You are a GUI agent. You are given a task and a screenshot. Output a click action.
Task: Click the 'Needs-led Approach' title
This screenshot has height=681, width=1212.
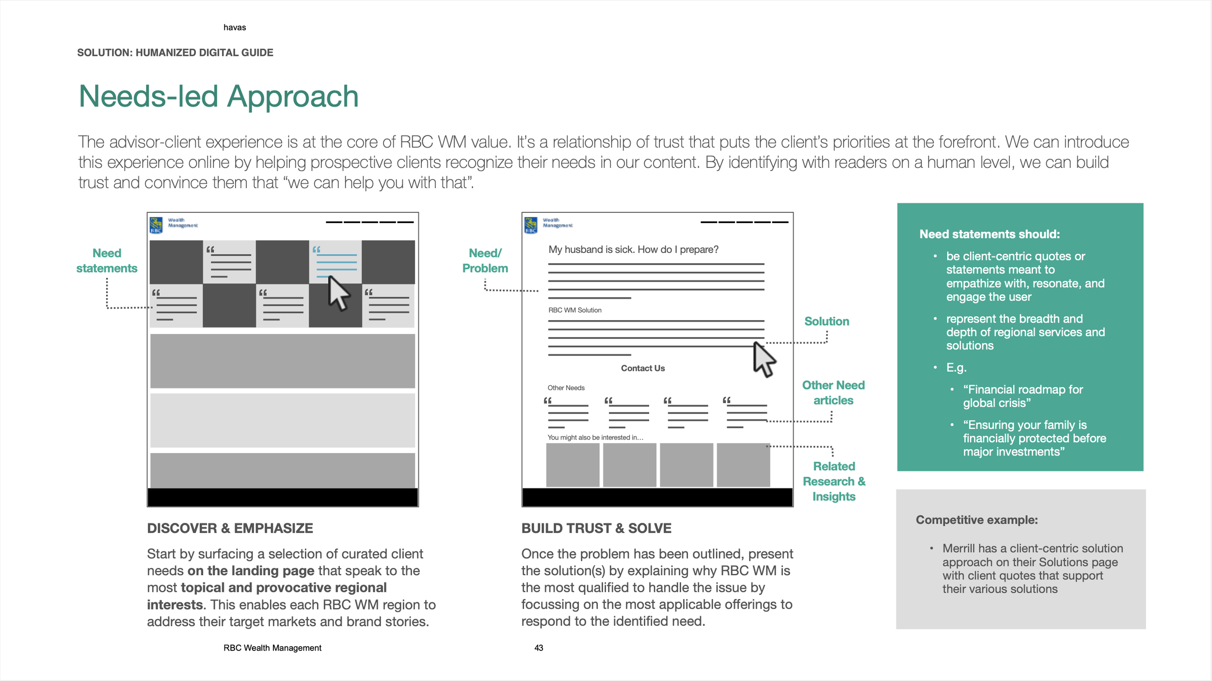[x=219, y=97]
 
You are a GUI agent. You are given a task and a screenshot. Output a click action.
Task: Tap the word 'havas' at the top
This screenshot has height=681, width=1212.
[x=235, y=28]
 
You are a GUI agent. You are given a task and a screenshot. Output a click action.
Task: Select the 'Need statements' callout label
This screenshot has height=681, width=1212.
[x=107, y=260]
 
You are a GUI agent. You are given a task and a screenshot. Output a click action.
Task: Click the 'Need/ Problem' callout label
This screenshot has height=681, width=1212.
[x=485, y=260]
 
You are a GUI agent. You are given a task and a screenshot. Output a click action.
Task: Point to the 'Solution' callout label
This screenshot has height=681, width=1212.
[x=827, y=321]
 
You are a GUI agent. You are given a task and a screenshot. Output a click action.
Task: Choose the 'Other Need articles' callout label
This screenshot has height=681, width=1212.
[x=833, y=392]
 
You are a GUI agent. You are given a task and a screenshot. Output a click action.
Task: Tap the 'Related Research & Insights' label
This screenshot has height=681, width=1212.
[x=834, y=481]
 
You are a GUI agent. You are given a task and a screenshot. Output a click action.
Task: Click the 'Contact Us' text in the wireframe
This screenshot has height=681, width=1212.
[x=643, y=368]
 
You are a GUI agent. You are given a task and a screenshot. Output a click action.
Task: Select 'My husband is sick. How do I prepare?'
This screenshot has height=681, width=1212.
[x=633, y=249]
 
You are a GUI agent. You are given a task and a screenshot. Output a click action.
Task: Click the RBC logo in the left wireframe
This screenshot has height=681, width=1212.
[x=156, y=225]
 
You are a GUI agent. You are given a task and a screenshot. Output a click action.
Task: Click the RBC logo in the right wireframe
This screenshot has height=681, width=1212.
[x=531, y=225]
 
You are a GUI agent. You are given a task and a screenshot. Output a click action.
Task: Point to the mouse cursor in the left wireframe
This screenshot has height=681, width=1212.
[x=338, y=292]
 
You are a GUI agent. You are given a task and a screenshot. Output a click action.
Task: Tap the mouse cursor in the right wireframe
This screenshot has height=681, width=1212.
[x=764, y=359]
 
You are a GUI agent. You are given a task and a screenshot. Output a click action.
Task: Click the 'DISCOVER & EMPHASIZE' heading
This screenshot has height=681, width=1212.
[x=230, y=528]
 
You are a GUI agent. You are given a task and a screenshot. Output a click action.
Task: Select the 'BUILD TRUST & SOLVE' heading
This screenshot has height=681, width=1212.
[x=596, y=528]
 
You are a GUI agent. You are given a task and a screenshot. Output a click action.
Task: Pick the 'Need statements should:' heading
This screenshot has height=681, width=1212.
[x=989, y=234]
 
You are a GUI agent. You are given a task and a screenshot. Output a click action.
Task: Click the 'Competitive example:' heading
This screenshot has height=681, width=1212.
[x=976, y=520]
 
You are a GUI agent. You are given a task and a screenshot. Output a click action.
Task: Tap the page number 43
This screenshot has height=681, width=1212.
[x=539, y=648]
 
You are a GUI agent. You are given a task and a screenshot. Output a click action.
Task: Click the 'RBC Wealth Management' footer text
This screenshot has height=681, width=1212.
[x=272, y=648]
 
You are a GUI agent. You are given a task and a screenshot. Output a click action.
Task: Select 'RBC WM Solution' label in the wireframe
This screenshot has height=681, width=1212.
[x=575, y=310]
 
